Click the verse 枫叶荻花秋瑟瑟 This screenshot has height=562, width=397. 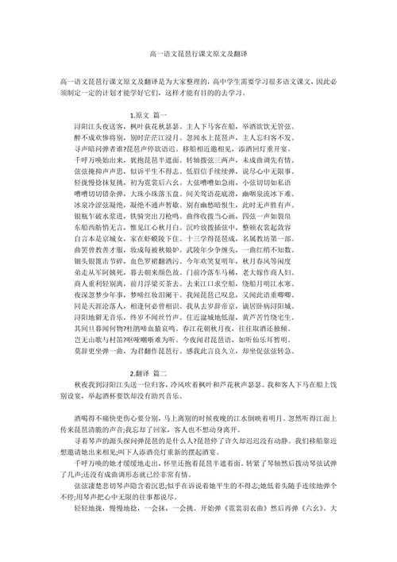click(140, 126)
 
